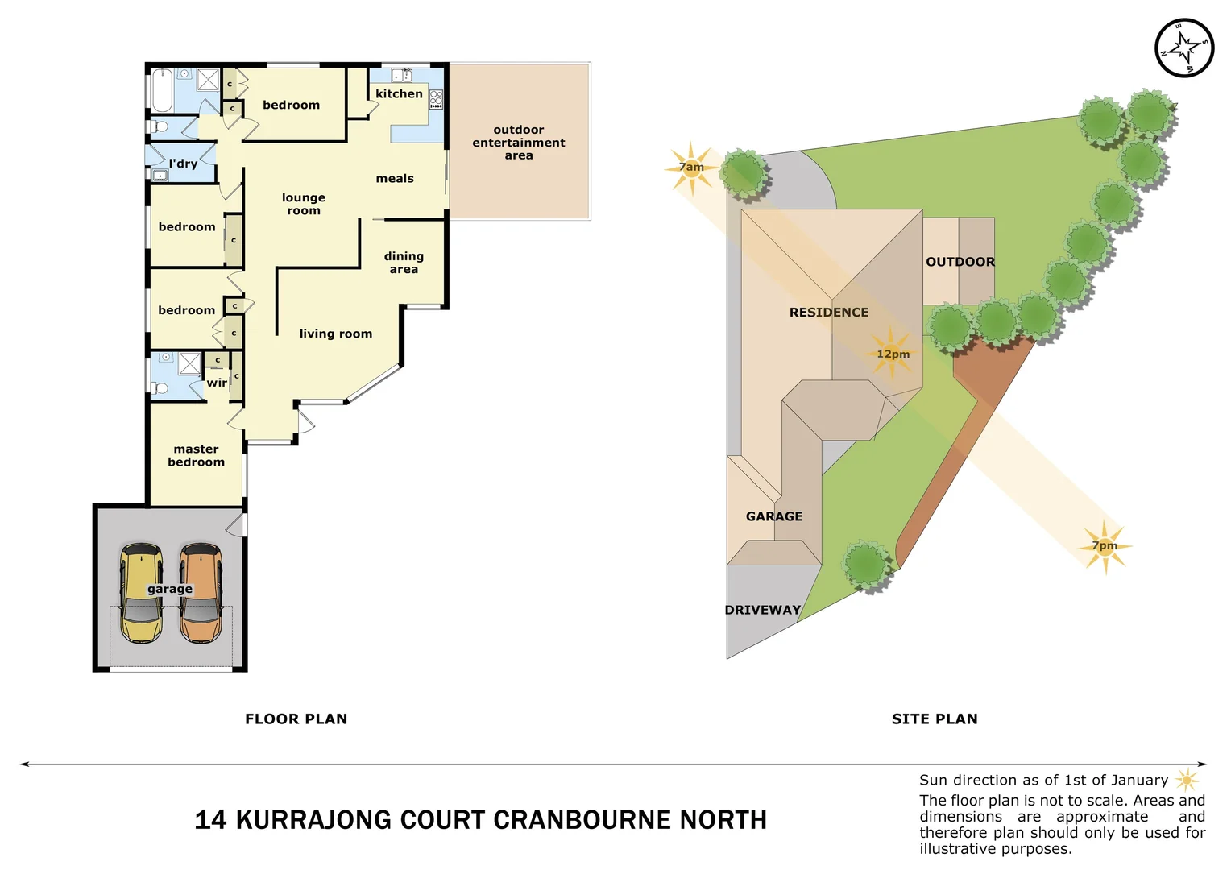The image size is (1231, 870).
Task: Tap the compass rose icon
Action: (1183, 48)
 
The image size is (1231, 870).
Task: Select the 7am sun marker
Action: (691, 168)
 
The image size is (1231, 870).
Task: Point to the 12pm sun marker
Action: (892, 354)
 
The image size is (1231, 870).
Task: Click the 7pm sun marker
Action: (1105, 546)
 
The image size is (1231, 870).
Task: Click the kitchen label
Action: (399, 94)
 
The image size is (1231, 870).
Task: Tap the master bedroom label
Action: (196, 455)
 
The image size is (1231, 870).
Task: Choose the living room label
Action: (335, 333)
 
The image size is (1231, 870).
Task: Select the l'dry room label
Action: (183, 164)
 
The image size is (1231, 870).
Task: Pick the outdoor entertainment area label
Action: (519, 143)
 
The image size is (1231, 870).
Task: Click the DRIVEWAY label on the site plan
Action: (762, 610)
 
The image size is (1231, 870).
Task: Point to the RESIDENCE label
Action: (828, 313)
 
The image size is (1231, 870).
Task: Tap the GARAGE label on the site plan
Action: (773, 516)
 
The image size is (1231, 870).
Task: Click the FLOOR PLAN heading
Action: (296, 719)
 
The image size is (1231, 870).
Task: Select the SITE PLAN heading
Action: (935, 719)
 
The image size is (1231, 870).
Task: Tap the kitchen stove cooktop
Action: (436, 99)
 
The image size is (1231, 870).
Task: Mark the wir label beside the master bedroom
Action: (217, 383)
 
